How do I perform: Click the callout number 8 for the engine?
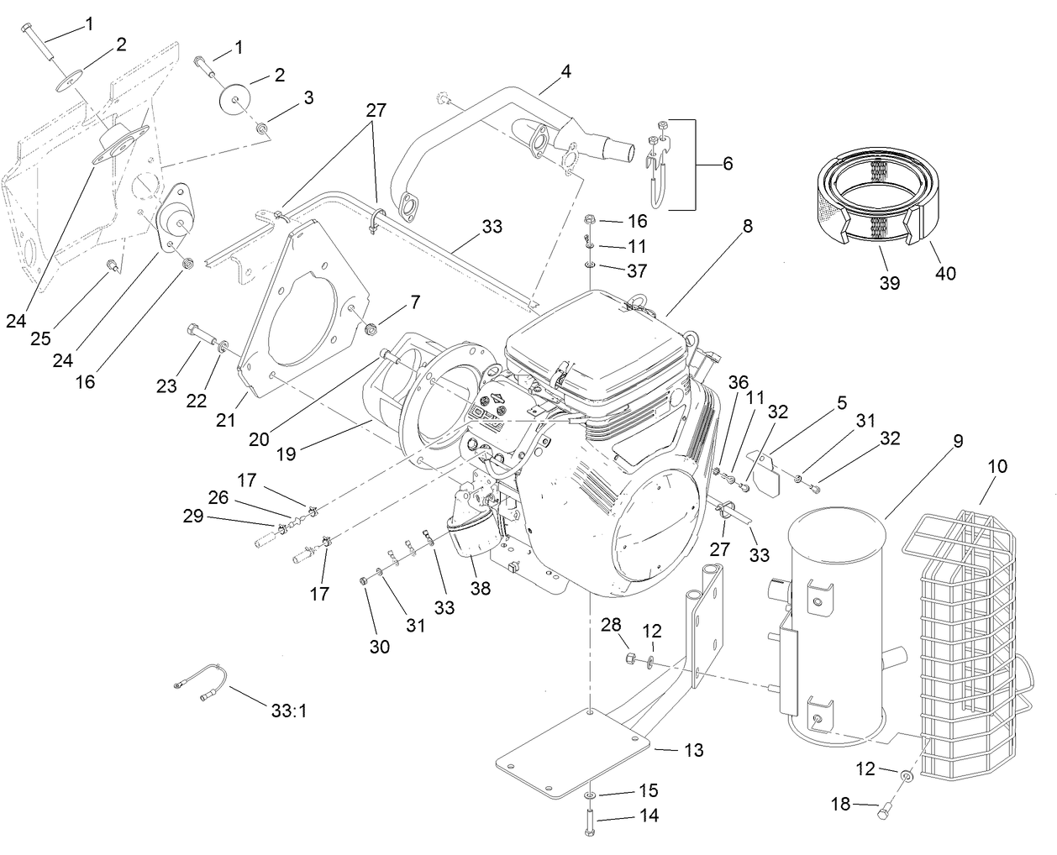coord(747,226)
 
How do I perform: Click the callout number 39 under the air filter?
coord(889,283)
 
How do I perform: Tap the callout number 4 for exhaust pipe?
coord(565,72)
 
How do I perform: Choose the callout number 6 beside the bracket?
coord(727,163)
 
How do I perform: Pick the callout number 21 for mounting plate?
coord(225,420)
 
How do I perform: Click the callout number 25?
coord(41,338)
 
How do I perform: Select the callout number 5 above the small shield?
coord(841,402)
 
